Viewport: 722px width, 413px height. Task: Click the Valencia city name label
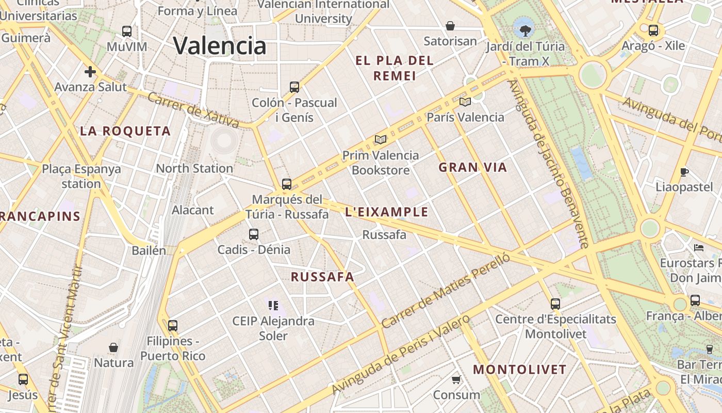(220, 45)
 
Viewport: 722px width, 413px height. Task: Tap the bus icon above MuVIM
(127, 31)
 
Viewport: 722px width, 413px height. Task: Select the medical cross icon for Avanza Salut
(90, 71)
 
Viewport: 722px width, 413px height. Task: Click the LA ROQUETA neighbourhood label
(125, 131)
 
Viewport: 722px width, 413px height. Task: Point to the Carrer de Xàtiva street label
(193, 110)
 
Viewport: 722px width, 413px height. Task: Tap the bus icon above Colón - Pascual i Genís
(294, 87)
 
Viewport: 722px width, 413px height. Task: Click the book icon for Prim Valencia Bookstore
(381, 139)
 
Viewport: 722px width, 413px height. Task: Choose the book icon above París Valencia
(465, 102)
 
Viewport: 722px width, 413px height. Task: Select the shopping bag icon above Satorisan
(450, 26)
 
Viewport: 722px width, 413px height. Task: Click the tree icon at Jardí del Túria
(526, 30)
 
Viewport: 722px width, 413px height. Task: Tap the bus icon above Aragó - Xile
(653, 30)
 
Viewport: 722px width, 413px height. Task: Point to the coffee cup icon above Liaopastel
(684, 171)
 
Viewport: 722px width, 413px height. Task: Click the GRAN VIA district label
(473, 167)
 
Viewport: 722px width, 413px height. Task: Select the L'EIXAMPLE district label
(387, 212)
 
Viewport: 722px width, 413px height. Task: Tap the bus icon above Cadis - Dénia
(253, 234)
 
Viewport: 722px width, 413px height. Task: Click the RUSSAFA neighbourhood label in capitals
(323, 277)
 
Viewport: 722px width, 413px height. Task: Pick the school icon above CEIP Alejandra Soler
(273, 306)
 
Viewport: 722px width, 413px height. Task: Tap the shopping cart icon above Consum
(456, 380)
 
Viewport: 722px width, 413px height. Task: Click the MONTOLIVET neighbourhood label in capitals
(520, 370)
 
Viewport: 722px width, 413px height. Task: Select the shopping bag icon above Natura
(113, 347)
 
